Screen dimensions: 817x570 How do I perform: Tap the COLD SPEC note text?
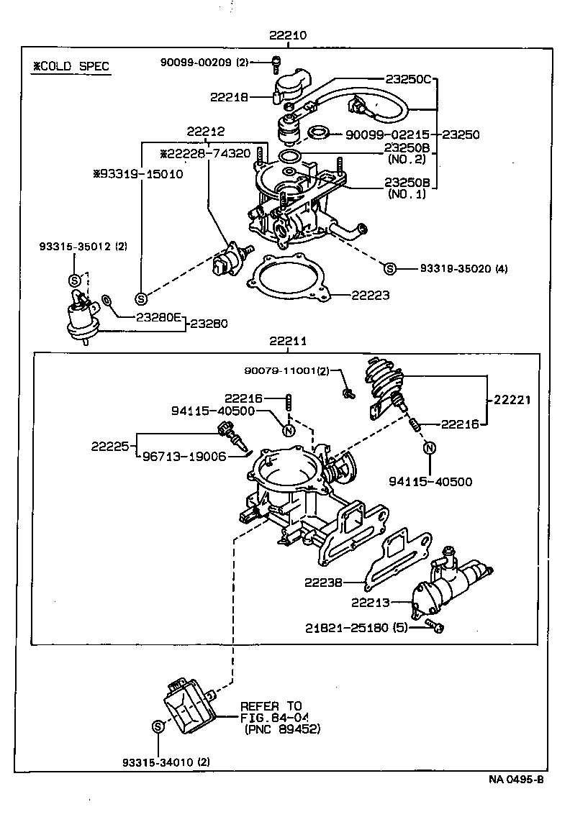[71, 67]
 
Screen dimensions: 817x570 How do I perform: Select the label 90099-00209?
[195, 63]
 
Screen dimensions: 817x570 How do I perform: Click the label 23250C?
[407, 79]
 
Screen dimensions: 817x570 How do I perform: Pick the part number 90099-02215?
[387, 134]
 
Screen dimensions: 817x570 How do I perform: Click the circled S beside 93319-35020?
[389, 269]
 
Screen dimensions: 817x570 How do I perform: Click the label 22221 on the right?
[512, 400]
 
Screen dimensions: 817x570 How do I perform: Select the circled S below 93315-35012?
[74, 280]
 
